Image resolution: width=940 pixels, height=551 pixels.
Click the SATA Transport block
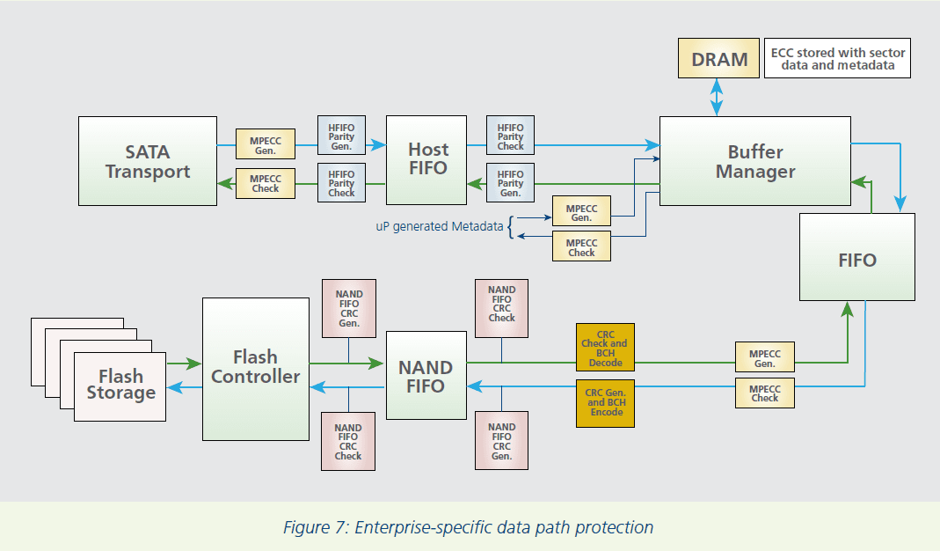click(148, 161)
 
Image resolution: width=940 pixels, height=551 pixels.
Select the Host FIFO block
click(428, 159)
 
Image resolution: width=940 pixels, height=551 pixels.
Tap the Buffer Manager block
click(754, 161)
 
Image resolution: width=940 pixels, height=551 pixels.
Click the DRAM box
click(719, 59)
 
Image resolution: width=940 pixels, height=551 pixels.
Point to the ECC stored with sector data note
click(837, 59)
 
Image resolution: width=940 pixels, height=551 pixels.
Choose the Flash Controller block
click(255, 368)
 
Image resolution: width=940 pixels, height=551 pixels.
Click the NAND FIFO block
click(426, 376)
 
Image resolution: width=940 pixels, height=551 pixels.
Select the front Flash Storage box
click(120, 385)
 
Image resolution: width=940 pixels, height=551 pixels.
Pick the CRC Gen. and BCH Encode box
click(605, 402)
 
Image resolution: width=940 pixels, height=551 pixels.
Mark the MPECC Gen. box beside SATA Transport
click(265, 145)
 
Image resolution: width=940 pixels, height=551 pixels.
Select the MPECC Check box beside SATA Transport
click(265, 183)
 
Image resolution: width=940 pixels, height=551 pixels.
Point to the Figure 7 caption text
click(468, 528)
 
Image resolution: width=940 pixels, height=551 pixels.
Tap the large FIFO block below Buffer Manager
click(857, 260)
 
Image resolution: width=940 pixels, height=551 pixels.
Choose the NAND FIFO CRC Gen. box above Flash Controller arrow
click(348, 308)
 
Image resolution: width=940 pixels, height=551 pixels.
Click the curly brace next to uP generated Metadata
click(511, 226)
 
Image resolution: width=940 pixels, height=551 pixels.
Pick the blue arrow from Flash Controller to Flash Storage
click(185, 386)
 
